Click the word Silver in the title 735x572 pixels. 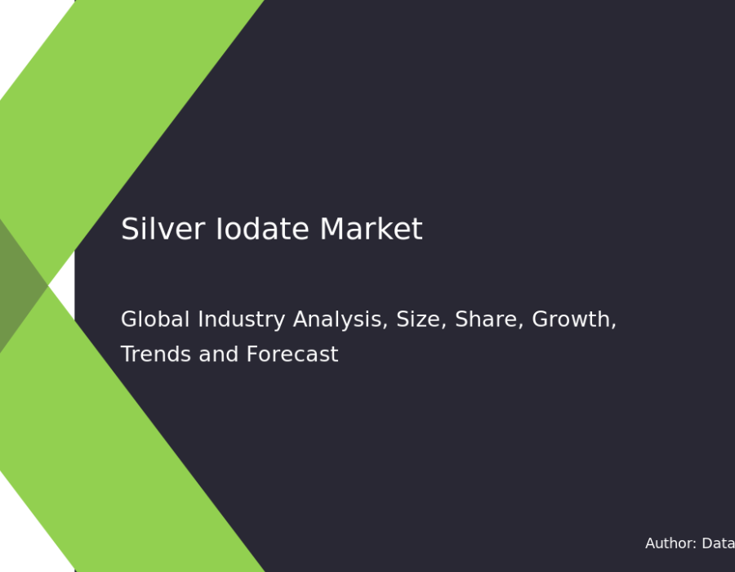tap(163, 229)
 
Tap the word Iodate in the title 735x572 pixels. tap(262, 229)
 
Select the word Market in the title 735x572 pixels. tap(372, 229)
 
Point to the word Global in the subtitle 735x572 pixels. tap(155, 320)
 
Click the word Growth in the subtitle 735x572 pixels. tap(571, 320)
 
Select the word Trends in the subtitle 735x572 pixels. tap(156, 354)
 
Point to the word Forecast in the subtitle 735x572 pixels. tap(292, 354)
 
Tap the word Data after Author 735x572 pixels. tap(718, 543)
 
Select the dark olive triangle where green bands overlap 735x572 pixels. tap(18, 285)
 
